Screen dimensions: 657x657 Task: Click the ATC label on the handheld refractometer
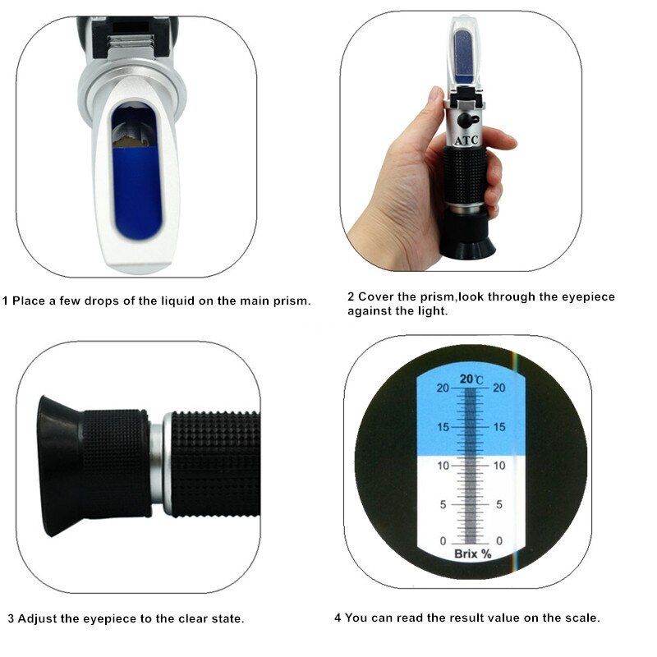click(x=462, y=140)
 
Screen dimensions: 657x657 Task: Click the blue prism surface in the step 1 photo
click(x=136, y=189)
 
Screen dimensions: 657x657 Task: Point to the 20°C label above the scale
click(x=471, y=379)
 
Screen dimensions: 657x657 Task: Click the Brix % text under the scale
click(x=472, y=554)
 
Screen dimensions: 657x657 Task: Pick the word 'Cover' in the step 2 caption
click(x=374, y=296)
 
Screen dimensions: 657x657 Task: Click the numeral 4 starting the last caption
click(x=338, y=618)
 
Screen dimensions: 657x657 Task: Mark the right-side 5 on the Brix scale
click(x=498, y=504)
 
